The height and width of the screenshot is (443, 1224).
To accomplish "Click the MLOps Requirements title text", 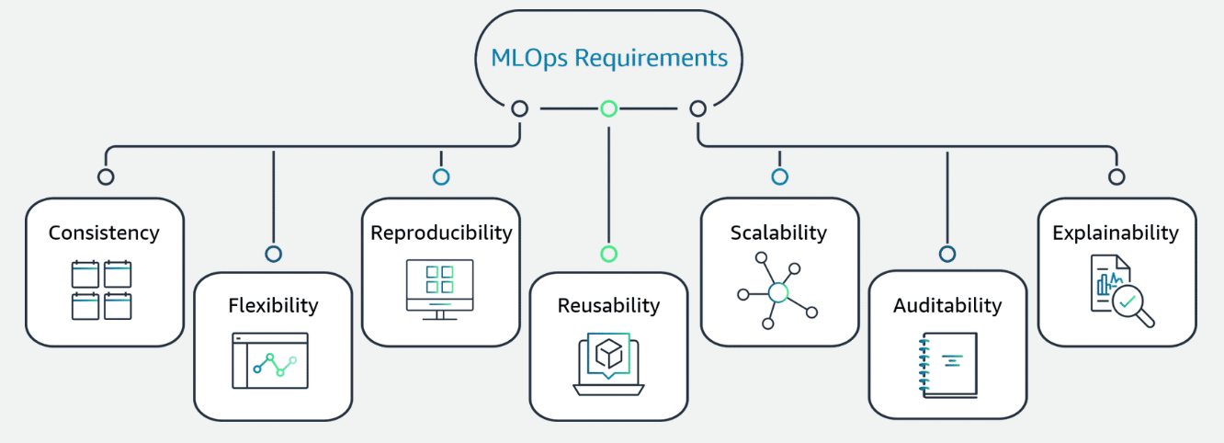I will click(x=609, y=58).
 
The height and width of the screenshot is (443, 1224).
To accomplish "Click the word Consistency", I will click(x=104, y=233).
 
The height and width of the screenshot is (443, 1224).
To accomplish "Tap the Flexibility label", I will click(x=273, y=305).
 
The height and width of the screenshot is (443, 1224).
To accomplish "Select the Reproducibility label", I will click(x=441, y=233).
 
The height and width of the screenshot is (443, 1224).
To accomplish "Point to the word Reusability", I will click(x=608, y=305).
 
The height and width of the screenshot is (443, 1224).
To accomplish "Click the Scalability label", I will click(x=778, y=233).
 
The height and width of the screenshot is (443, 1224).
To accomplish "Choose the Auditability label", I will click(x=947, y=305).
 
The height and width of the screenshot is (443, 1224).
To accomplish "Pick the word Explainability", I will click(x=1116, y=233).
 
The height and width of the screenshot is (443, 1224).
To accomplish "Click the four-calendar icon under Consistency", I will click(x=102, y=290).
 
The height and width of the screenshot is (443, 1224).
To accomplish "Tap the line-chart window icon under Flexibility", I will click(x=270, y=361).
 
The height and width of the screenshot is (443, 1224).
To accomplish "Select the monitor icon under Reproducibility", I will click(x=440, y=289).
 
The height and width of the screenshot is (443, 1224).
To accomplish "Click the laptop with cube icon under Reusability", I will click(x=608, y=364).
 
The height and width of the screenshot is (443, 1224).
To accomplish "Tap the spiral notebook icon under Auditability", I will click(x=947, y=365).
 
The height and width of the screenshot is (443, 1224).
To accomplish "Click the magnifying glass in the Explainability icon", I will click(x=1129, y=304).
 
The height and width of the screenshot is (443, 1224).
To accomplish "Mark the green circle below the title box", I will click(x=608, y=108).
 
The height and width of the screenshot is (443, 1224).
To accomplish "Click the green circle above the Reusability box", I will click(x=608, y=254).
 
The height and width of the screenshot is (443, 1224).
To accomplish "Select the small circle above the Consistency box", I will click(x=106, y=176).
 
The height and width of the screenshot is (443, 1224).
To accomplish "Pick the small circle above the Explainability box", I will click(x=1116, y=176).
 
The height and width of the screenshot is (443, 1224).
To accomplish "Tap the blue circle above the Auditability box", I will click(x=947, y=254).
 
